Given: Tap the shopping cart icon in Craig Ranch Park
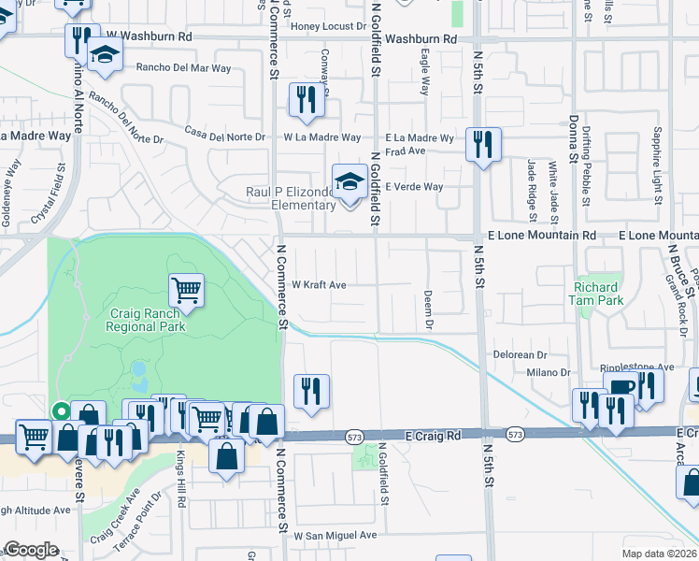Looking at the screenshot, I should (186, 291).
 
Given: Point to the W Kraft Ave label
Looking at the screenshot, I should (320, 284).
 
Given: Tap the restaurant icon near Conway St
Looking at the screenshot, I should (307, 99).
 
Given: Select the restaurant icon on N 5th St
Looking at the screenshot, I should (483, 144).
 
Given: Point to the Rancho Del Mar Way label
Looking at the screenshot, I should (183, 68).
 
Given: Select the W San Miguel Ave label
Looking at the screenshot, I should (335, 536).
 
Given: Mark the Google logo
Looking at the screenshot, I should (31, 550).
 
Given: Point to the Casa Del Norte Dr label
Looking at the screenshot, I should (225, 133).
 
